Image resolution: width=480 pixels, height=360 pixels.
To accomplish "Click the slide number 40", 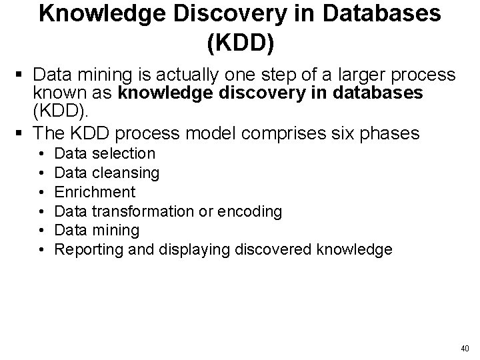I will (465, 348).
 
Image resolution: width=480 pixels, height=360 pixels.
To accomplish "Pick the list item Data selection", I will (105, 153).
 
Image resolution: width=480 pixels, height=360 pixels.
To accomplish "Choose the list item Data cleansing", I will (107, 173).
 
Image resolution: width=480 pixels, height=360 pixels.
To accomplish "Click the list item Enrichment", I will (95, 192).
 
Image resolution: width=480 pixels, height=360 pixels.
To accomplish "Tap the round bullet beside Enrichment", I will (42, 192).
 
